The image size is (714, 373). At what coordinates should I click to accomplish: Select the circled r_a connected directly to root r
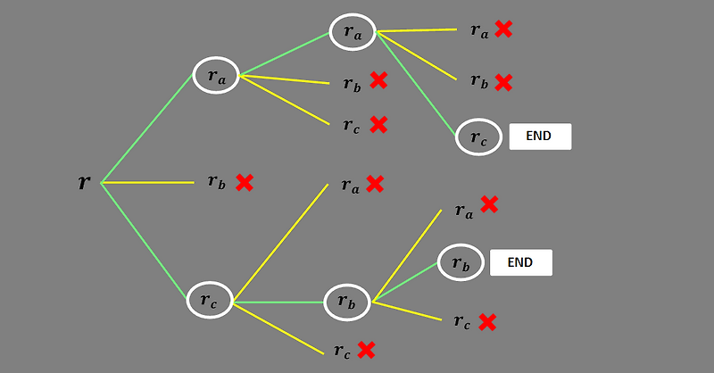[x=217, y=77]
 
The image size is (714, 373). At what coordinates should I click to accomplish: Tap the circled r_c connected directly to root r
[x=209, y=301]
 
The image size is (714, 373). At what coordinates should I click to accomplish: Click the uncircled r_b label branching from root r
[x=216, y=182]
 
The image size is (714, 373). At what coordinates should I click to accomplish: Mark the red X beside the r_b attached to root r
[x=245, y=182]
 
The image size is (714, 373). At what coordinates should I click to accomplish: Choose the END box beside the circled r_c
[x=539, y=137]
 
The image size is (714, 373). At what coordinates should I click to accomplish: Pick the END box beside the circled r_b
[x=520, y=262]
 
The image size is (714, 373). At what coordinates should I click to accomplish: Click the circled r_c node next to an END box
[x=478, y=137]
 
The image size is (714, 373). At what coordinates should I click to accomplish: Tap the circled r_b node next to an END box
[x=460, y=262]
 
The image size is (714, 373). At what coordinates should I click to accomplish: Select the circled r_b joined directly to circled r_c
[x=347, y=302]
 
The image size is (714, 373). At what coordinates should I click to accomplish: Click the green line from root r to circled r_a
[x=147, y=128]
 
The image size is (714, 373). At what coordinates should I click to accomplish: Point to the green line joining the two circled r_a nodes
[x=285, y=54]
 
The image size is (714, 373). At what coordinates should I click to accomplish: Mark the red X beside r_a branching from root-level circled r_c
[x=375, y=184]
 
